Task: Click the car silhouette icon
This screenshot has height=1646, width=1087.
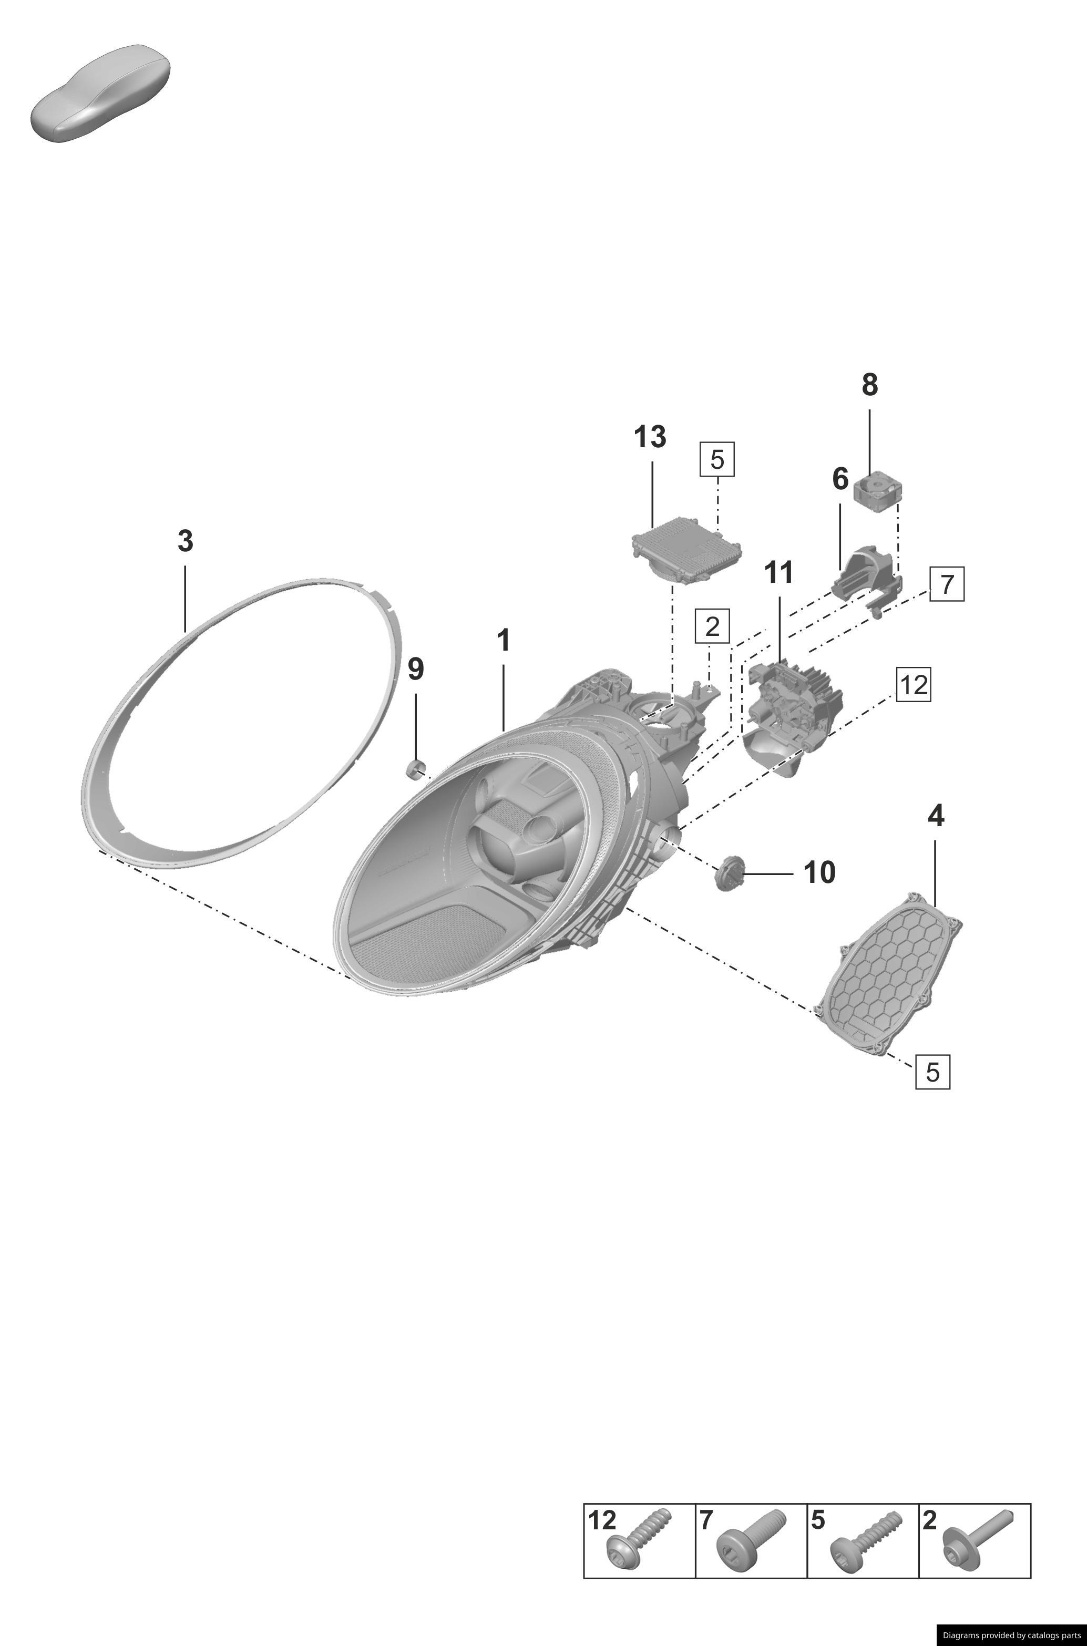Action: pyautogui.click(x=100, y=94)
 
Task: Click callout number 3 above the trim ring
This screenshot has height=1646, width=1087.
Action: pyautogui.click(x=185, y=541)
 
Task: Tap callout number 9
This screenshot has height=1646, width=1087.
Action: pyautogui.click(x=415, y=670)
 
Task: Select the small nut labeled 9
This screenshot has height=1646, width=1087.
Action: pyautogui.click(x=414, y=767)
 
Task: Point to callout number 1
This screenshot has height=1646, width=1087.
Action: pyautogui.click(x=504, y=641)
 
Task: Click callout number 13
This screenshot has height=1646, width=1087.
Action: pyautogui.click(x=650, y=437)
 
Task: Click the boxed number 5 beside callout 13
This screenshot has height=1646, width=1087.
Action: pyautogui.click(x=717, y=459)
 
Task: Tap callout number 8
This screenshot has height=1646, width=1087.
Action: pyautogui.click(x=869, y=385)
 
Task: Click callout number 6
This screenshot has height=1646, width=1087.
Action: pyautogui.click(x=839, y=479)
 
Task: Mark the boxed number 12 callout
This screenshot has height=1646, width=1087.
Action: pyautogui.click(x=912, y=685)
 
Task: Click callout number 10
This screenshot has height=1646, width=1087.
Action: pyautogui.click(x=819, y=872)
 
